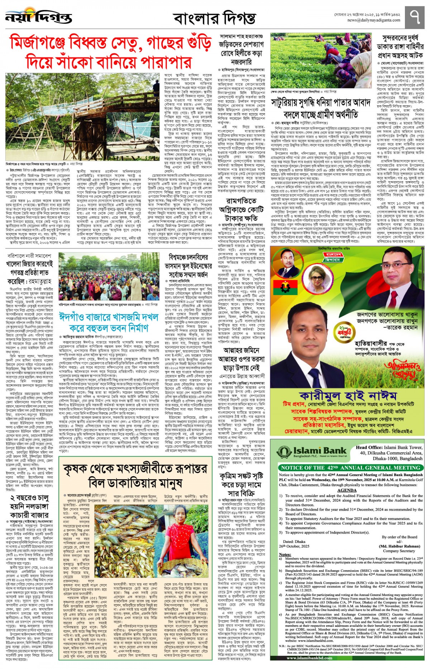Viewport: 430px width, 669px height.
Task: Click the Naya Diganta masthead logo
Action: point(39,16)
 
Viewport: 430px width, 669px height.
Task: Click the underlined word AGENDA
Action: point(347,490)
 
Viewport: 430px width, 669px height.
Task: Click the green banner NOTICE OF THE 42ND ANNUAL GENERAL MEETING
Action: point(350,468)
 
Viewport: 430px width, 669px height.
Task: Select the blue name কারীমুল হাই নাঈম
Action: point(348,395)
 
